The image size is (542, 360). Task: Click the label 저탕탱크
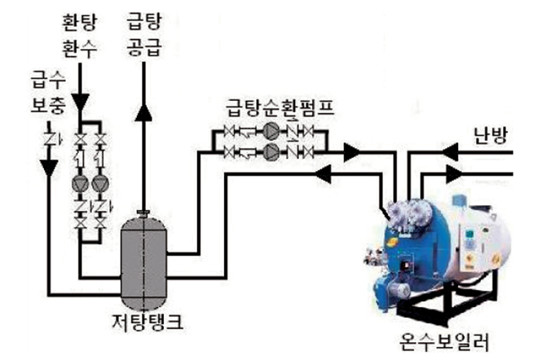coord(148,323)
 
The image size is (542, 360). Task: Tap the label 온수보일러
coord(444,341)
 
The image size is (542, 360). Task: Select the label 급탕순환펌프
coord(280,108)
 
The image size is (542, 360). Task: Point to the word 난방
coord(491,134)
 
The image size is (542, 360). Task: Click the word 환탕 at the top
coord(80,21)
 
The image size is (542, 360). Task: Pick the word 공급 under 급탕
coord(143,47)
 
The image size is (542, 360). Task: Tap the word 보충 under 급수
coord(48,105)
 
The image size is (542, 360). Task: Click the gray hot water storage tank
coord(143,262)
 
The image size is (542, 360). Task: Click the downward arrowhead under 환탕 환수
coord(80,102)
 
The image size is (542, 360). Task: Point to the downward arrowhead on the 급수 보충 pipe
coord(49,167)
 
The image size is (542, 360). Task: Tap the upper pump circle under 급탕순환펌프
coord(271,131)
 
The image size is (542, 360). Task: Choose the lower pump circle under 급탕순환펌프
coord(271,152)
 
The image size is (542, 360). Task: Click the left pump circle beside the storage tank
coord(81,184)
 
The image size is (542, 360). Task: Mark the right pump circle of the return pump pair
coord(100,184)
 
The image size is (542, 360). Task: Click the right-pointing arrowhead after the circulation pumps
coord(351,152)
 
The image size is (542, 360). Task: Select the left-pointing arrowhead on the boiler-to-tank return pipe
coord(324,173)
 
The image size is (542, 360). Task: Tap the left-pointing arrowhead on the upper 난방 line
coord(449,152)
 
